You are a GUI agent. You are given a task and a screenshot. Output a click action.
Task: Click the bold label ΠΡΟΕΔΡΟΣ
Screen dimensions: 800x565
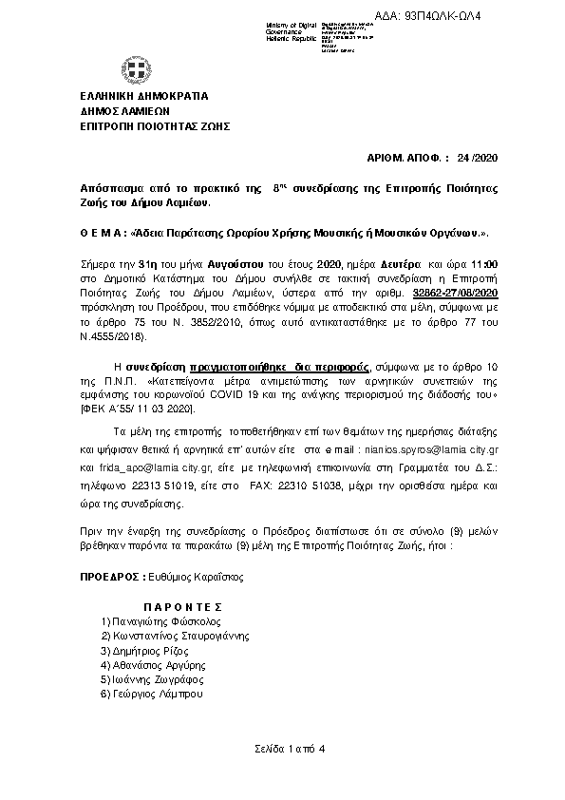(107, 577)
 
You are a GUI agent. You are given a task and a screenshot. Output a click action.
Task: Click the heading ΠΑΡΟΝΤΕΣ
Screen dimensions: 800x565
(183, 605)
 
